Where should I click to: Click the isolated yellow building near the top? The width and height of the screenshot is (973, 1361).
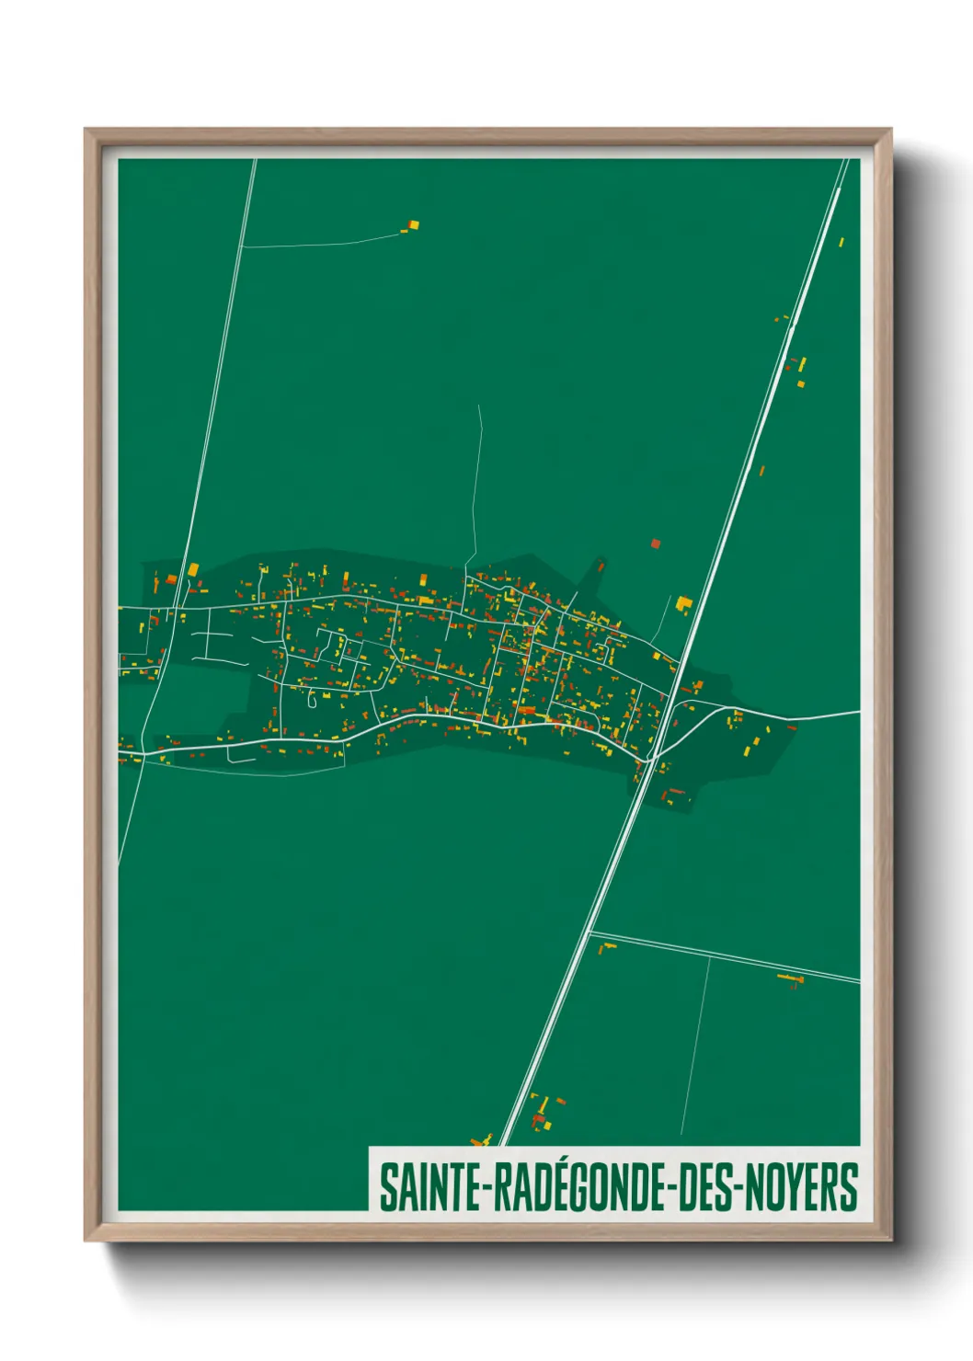coord(414,223)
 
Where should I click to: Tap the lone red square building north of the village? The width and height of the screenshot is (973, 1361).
coord(656,543)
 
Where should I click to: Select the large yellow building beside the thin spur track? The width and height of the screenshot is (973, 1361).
coord(683,603)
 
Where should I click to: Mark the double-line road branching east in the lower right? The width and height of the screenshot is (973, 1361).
coord(727,957)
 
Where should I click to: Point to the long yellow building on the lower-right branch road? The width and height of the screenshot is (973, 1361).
coord(790,976)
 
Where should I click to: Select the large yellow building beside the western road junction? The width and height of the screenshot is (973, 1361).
coord(193,570)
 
